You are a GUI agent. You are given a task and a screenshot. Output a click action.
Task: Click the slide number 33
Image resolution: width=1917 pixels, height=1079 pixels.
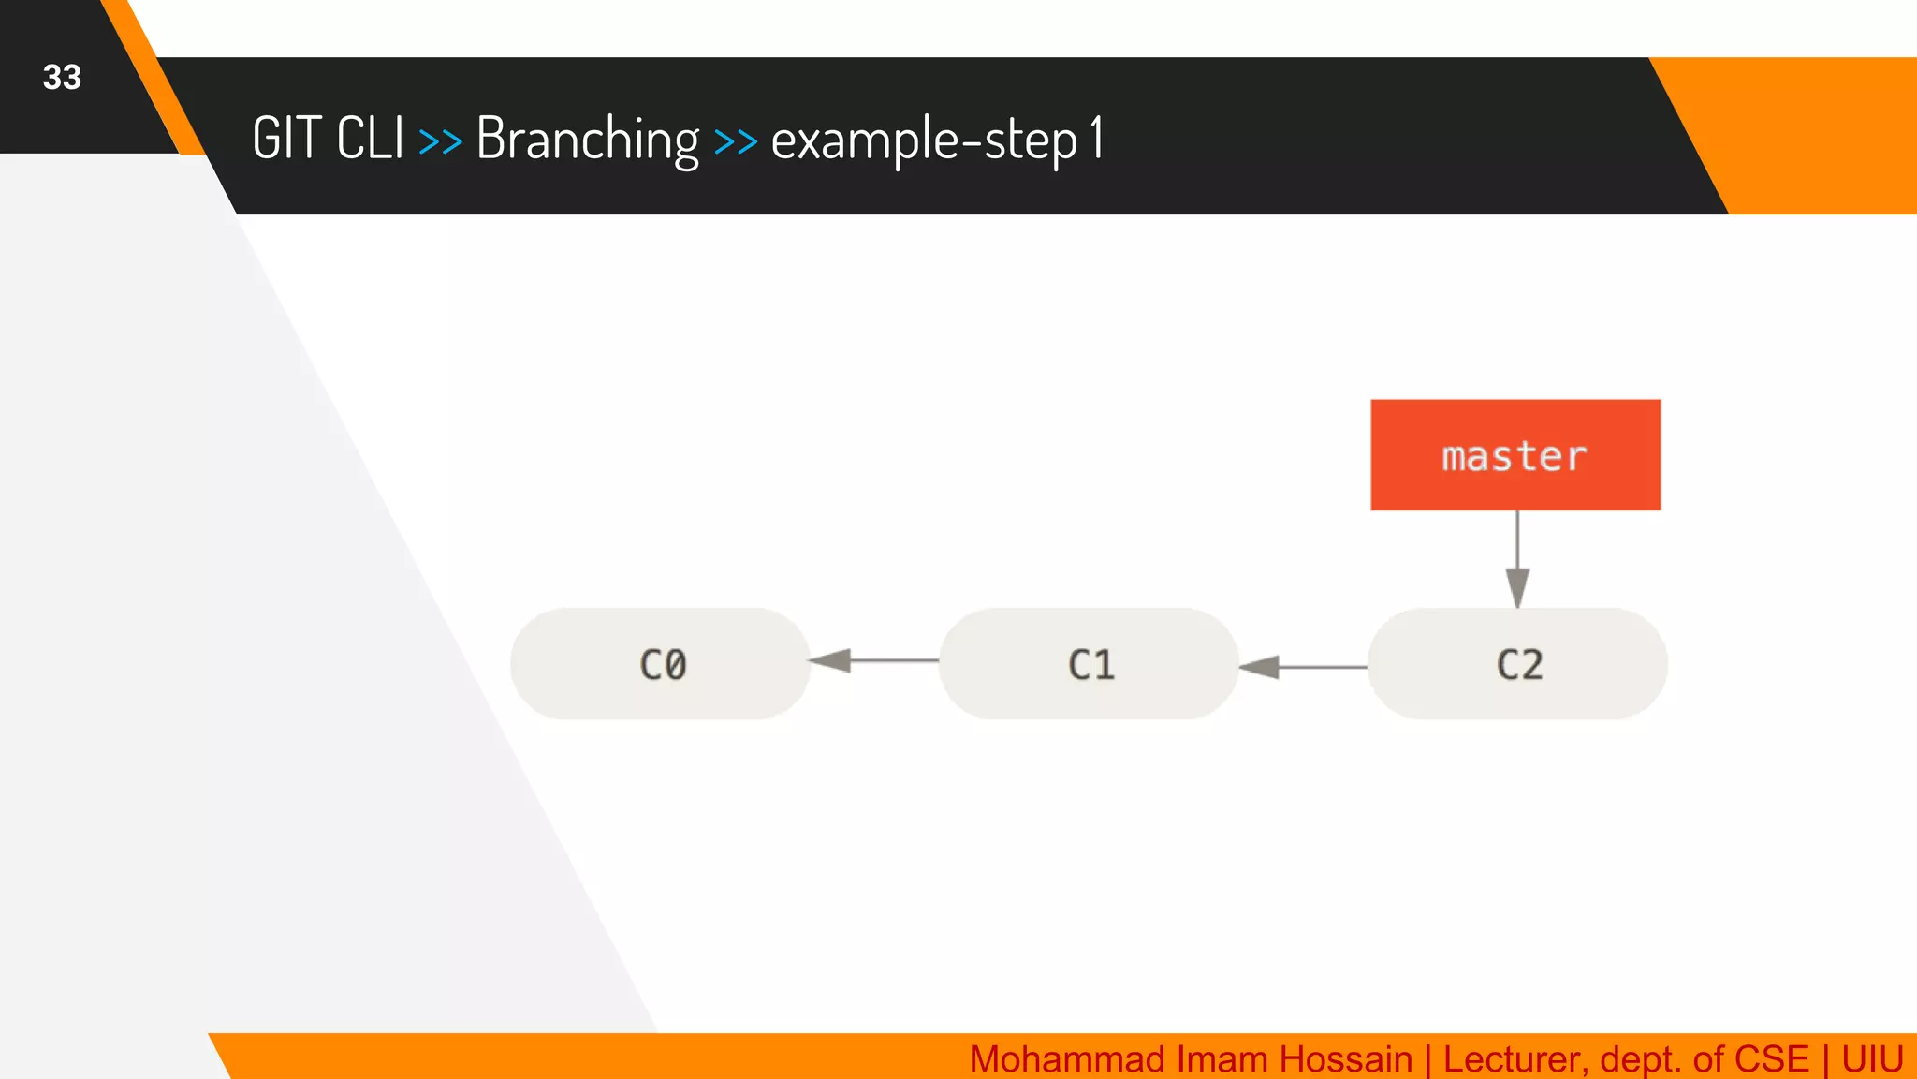[x=62, y=77]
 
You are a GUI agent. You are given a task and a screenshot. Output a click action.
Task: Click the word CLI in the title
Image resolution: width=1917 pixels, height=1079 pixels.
[x=370, y=139]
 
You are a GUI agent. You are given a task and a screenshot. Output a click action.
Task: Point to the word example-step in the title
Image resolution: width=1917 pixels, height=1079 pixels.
[x=923, y=140]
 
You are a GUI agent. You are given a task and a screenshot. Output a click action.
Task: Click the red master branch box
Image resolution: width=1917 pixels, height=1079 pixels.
[x=1515, y=455]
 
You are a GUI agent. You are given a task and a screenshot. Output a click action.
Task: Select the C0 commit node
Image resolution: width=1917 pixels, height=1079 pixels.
[x=661, y=664]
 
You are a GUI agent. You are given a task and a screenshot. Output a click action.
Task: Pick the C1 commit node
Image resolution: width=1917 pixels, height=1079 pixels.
[x=1089, y=664]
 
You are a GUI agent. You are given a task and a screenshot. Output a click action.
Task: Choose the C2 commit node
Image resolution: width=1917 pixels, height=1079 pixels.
[x=1517, y=664]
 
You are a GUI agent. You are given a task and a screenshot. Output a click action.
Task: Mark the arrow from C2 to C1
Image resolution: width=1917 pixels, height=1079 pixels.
[x=1302, y=667]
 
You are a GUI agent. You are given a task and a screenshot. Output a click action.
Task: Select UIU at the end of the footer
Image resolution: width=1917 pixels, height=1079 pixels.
[x=1871, y=1059]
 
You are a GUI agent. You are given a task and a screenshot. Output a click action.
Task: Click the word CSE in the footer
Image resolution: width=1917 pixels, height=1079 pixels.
[x=1771, y=1059]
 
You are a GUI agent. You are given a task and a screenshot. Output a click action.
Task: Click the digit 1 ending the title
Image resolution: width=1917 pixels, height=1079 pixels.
[x=1096, y=139]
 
